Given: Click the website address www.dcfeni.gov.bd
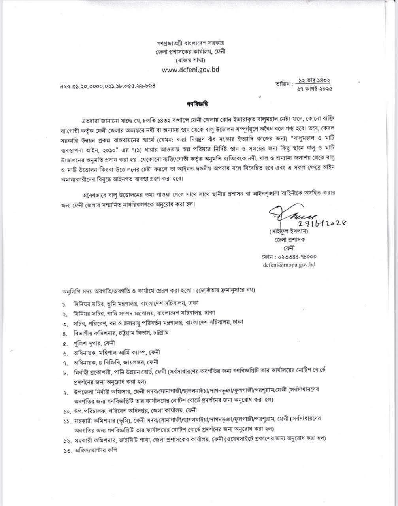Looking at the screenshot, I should point(191,70).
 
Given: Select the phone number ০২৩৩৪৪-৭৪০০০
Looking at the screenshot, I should point(289,257).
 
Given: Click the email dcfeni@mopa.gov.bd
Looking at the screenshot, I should point(289,265).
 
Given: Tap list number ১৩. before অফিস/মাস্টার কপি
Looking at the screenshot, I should point(66,451).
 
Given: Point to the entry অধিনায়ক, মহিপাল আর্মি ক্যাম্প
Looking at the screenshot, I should point(117,352).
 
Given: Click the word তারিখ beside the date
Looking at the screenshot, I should point(284,84).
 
